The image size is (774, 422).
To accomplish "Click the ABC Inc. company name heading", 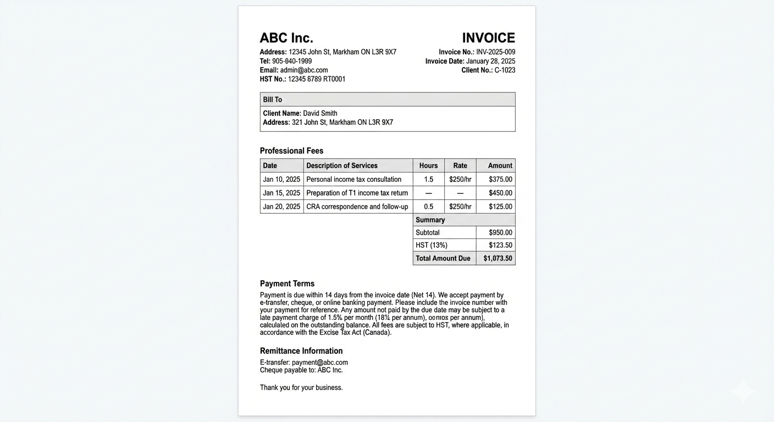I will [286, 38].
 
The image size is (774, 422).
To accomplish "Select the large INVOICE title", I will [488, 38].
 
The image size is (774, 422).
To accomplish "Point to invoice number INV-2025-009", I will [495, 52].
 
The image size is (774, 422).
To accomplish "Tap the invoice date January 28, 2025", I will [491, 62].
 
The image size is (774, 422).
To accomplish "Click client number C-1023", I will [505, 70].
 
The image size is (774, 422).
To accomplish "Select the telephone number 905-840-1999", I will [292, 62].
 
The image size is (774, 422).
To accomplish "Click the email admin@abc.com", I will [304, 70].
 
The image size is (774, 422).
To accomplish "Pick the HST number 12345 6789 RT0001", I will [317, 79].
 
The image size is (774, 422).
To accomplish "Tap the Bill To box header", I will [273, 99].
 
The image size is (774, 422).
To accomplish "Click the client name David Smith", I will [320, 113].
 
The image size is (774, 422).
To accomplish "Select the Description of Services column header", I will [342, 165].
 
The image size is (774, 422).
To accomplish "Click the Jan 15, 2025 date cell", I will [281, 193].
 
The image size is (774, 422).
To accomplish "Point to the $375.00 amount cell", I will [500, 179].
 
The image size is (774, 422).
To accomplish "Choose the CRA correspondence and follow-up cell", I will [357, 207].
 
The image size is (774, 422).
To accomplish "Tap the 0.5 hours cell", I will [429, 207].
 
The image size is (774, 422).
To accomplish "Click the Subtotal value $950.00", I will [500, 232].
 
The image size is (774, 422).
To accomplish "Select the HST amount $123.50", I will [500, 245].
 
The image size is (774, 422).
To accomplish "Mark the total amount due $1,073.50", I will [497, 258].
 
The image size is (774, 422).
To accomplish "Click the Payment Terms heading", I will [287, 284].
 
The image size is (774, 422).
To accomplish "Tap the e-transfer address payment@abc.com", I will [320, 363].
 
